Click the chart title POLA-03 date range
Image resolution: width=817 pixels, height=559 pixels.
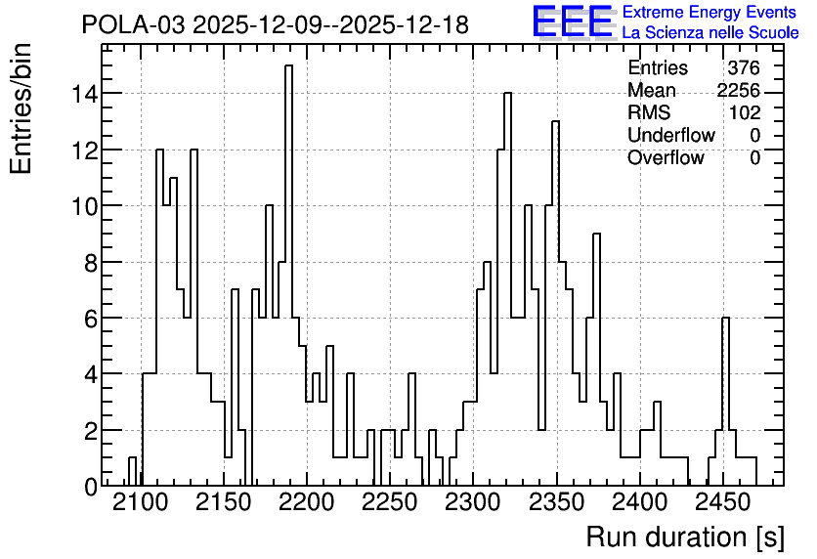coord(276,24)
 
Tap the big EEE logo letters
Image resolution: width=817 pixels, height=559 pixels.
coord(573,21)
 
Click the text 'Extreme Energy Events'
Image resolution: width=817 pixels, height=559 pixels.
coord(709,12)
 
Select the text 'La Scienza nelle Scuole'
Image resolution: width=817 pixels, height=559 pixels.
coord(710,32)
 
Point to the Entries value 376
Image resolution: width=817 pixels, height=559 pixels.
coord(744,67)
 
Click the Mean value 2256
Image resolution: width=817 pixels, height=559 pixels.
coord(738,90)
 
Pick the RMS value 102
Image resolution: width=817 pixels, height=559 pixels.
coord(745,112)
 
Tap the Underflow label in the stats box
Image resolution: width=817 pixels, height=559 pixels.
coord(671,135)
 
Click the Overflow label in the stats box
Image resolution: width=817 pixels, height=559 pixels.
coord(666,157)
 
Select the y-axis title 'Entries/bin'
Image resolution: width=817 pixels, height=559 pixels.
coord(21,109)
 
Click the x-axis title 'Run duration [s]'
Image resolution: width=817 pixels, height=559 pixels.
coord(685,537)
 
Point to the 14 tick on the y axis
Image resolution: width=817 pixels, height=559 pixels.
coord(85,94)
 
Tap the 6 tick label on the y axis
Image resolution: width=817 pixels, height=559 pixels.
coord(91,319)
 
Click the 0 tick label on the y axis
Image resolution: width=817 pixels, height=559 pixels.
coord(91,487)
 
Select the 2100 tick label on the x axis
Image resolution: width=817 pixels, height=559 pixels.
coord(141,503)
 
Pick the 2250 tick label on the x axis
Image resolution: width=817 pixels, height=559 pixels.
coord(390,503)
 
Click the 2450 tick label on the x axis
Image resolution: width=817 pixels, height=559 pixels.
coord(722,503)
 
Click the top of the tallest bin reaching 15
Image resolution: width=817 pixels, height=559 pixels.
coord(288,65)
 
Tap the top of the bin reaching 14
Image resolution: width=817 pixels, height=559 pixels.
coord(507,93)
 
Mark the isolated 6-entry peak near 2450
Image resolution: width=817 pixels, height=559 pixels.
coord(725,318)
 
